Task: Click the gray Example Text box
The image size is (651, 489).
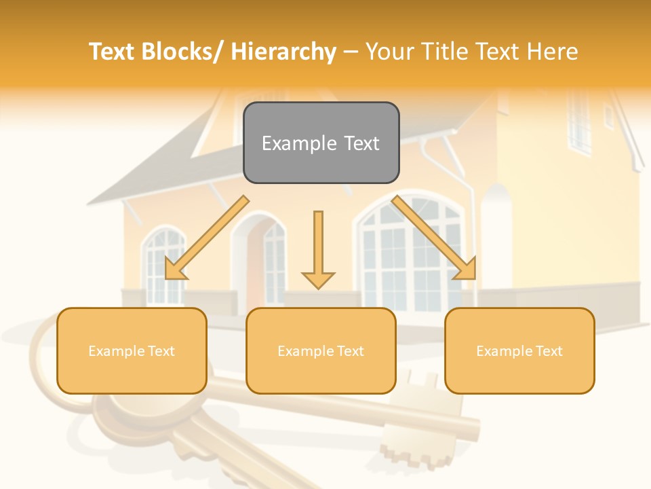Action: tap(321, 143)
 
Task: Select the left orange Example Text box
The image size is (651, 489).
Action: tap(132, 350)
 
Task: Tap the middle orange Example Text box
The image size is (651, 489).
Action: tap(321, 350)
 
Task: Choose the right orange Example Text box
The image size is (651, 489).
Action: tap(519, 350)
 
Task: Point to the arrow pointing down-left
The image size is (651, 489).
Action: tap(206, 238)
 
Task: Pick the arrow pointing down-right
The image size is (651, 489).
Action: tap(435, 238)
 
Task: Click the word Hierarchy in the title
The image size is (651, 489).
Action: tap(283, 52)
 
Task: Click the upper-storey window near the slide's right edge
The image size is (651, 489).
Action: tap(580, 122)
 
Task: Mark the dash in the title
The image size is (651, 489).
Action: tap(351, 52)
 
